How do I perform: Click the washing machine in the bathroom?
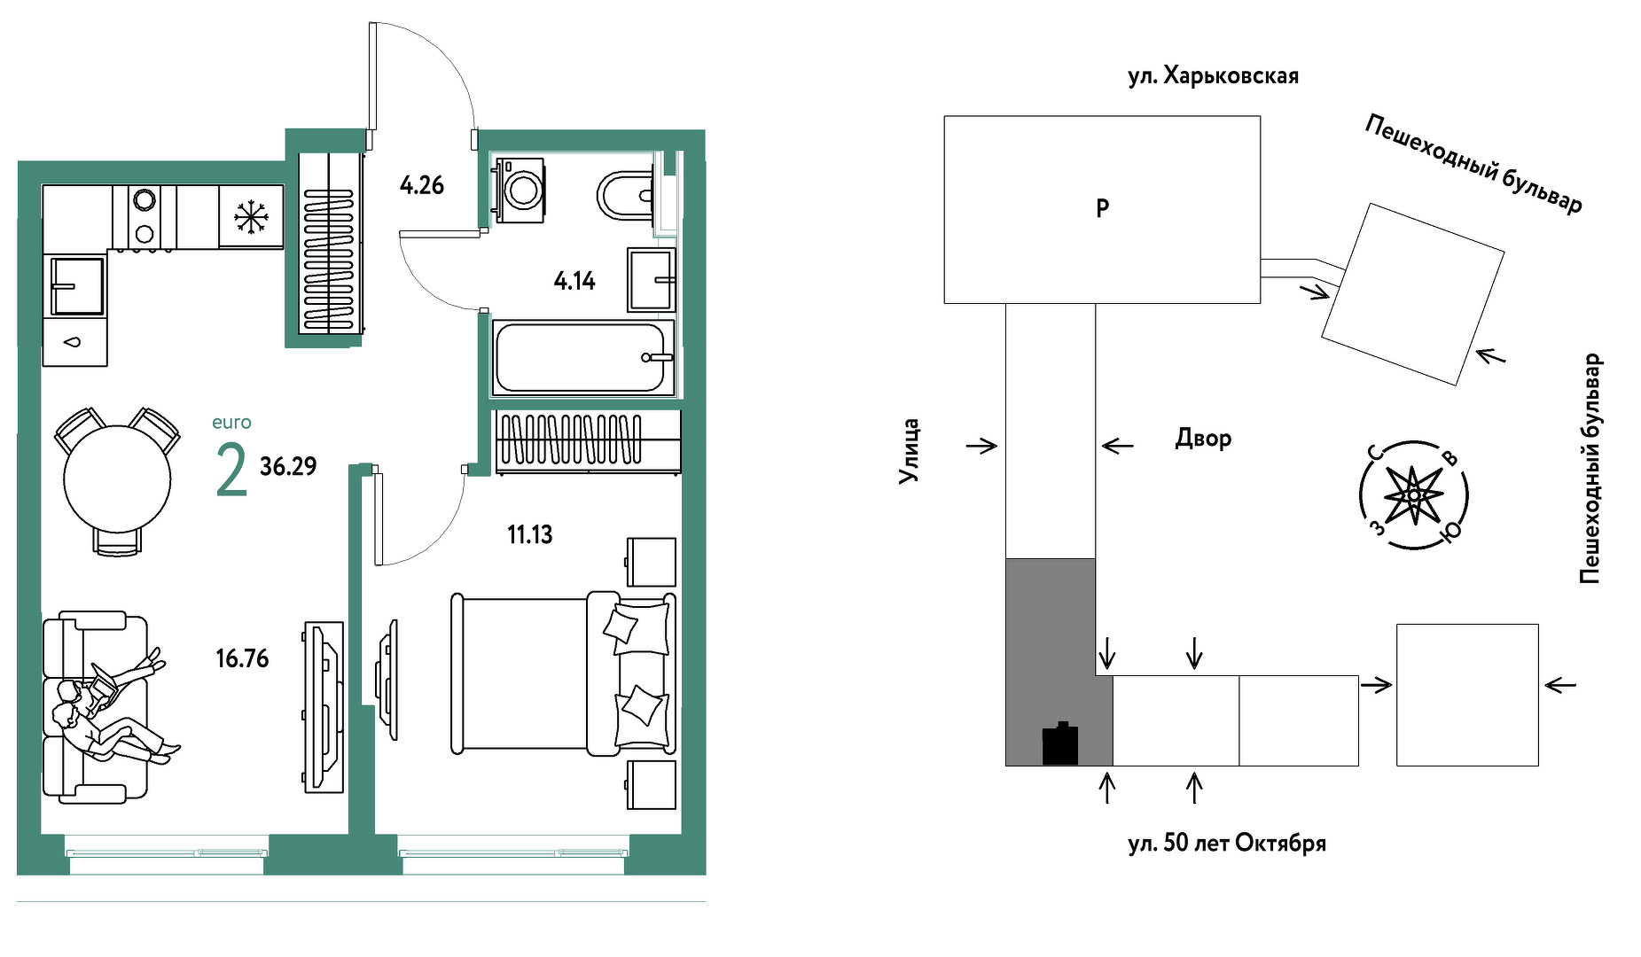click(520, 190)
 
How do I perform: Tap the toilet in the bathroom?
click(627, 195)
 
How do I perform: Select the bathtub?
click(582, 357)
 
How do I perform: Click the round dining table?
click(117, 478)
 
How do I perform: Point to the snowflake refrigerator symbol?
click(251, 217)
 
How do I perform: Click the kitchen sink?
click(76, 285)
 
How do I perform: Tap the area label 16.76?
click(242, 658)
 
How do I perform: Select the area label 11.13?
click(529, 534)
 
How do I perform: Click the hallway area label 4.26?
click(421, 185)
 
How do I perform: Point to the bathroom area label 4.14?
click(574, 281)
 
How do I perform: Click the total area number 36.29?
click(288, 466)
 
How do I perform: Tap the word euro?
click(231, 423)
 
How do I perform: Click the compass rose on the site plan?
click(1414, 495)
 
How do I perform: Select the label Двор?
click(1203, 438)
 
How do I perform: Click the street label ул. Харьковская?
click(1213, 75)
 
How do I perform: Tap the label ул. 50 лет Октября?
click(1227, 843)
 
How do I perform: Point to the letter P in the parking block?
click(1102, 208)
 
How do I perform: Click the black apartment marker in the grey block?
click(1060, 743)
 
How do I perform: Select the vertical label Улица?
click(909, 451)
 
